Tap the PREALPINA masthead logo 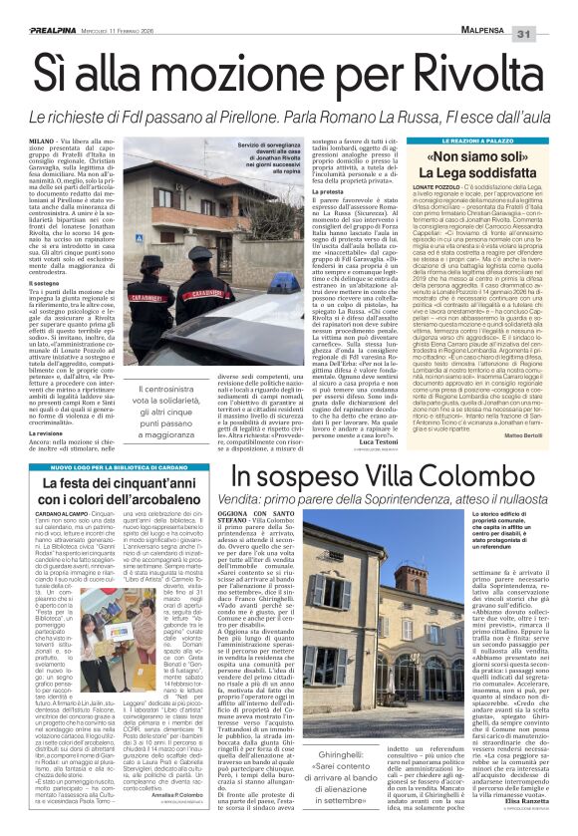tap(42, 9)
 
